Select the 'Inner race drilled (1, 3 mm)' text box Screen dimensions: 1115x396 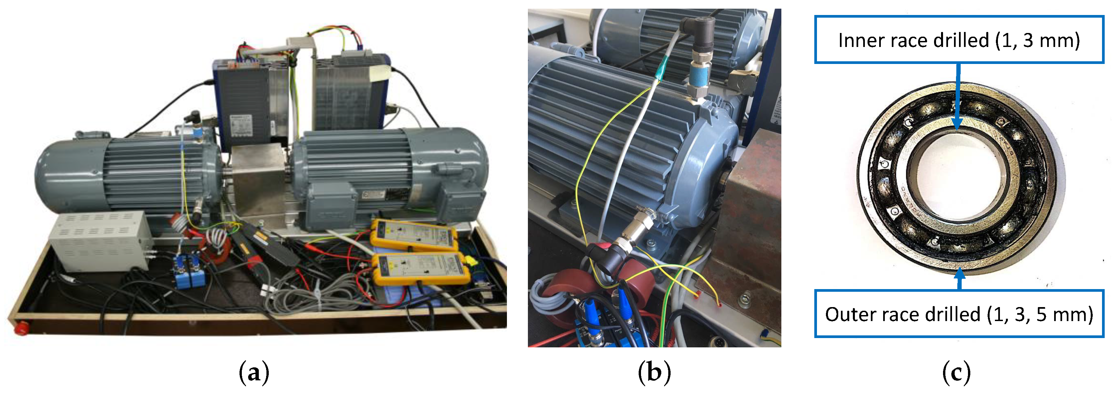959,40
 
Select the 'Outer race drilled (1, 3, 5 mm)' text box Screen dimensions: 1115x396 959,314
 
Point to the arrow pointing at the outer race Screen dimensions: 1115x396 960,279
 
